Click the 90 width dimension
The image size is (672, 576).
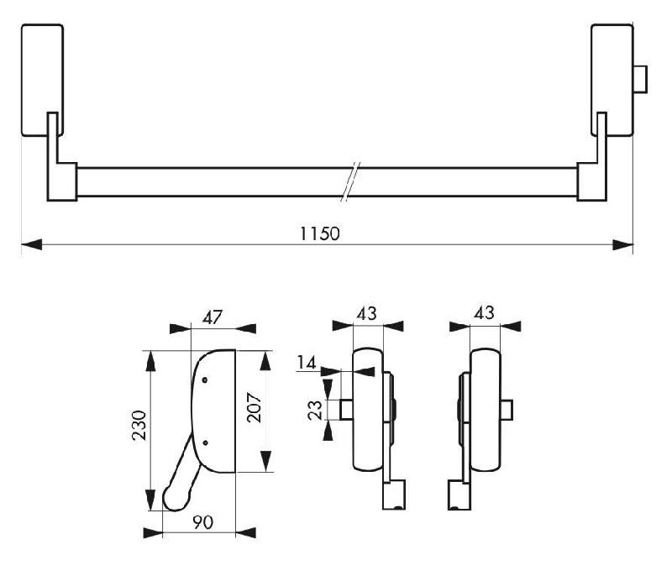coord(202,521)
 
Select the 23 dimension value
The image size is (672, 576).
coord(316,409)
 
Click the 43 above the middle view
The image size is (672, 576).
coord(367,312)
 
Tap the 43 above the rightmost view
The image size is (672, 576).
coord(484,312)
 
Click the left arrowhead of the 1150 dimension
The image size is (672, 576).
coord(30,245)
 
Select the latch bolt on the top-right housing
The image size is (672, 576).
coord(641,80)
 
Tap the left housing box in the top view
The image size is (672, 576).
coord(41,80)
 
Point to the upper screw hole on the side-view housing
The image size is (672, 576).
coord(204,381)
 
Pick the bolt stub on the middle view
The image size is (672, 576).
coord(345,408)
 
